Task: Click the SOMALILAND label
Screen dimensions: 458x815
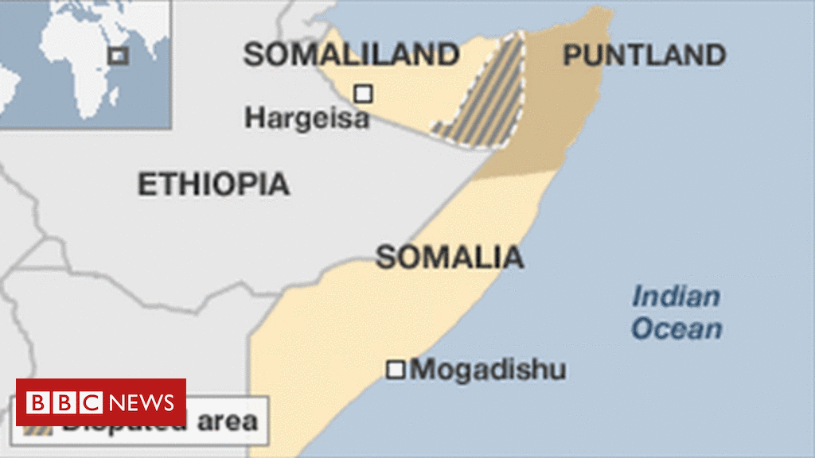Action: (351, 55)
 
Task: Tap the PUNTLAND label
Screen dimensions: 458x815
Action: (644, 55)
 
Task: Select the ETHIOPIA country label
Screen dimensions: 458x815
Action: (213, 184)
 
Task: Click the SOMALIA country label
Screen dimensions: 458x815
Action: (450, 257)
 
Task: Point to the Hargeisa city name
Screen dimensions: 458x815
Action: (306, 118)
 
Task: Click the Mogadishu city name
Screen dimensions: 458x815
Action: (489, 370)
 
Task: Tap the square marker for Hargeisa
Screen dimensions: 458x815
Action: (363, 94)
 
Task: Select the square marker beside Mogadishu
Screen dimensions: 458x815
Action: (396, 370)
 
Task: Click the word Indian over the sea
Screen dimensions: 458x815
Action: (676, 297)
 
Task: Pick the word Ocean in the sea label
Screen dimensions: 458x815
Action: (677, 328)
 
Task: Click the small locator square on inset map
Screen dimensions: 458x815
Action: (118, 55)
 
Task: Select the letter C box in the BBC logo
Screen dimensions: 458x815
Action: (90, 402)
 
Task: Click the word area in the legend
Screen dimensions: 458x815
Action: (228, 421)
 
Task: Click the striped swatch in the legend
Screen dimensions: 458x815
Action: (40, 429)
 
